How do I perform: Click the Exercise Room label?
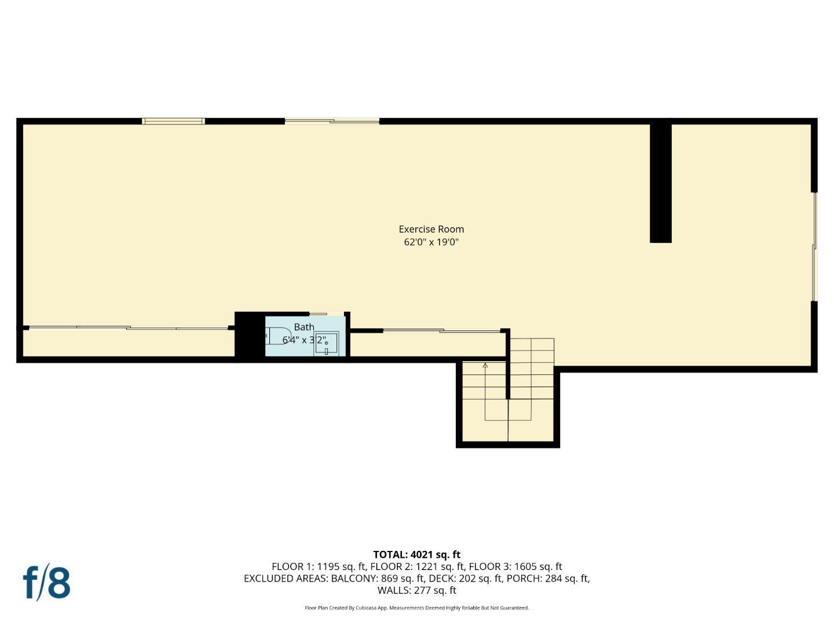[x=431, y=229]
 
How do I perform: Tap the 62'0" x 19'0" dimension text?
[x=431, y=242]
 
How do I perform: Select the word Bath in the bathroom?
[x=304, y=327]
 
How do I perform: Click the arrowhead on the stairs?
[x=485, y=365]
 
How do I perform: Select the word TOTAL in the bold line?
[x=390, y=554]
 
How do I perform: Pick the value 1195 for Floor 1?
[x=329, y=567]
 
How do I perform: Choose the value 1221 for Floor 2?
[x=427, y=567]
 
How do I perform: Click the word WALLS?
[x=394, y=590]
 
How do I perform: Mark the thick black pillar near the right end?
[x=660, y=182]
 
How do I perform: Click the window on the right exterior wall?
[x=814, y=246]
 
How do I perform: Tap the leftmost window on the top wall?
[x=173, y=121]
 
